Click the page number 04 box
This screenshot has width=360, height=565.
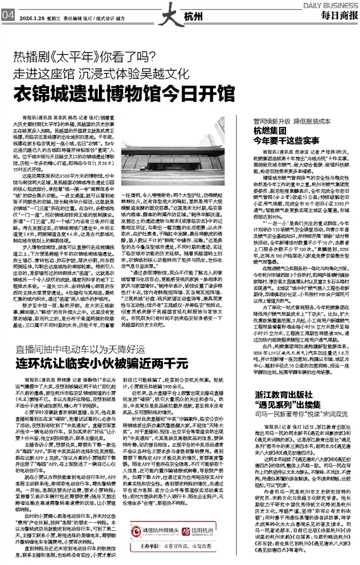tap(8, 15)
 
